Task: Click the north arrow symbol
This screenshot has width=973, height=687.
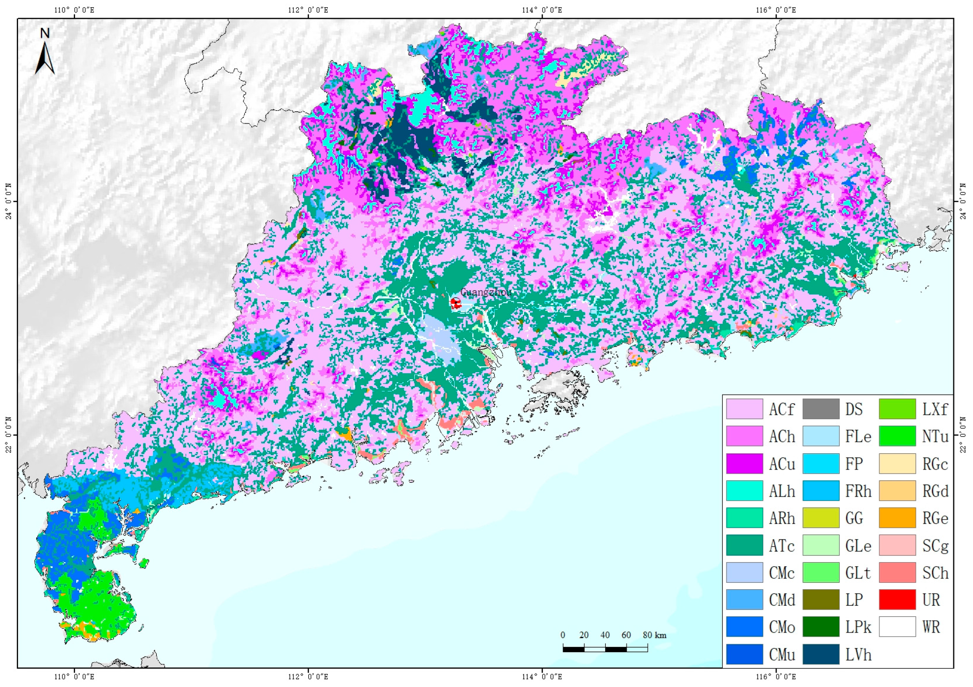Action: (x=45, y=53)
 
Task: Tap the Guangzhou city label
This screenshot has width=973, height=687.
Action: (x=486, y=292)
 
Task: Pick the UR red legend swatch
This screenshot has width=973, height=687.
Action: (x=897, y=600)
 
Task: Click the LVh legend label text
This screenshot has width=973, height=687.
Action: (x=858, y=655)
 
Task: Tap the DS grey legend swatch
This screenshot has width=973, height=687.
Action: (x=821, y=409)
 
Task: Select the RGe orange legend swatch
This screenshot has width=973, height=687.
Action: (x=897, y=518)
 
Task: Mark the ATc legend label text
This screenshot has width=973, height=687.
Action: (x=782, y=546)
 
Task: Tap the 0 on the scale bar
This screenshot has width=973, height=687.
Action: (x=563, y=635)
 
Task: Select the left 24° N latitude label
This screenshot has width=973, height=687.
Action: (x=8, y=202)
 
